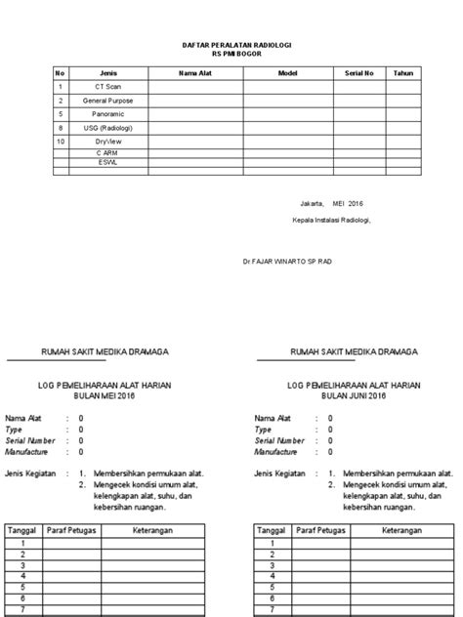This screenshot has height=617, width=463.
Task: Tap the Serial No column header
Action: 359,73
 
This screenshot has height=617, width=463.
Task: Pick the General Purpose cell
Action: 108,101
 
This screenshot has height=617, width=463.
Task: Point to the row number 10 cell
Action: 60,142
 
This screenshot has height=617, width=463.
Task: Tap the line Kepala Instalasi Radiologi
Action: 325,220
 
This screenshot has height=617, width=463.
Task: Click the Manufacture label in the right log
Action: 276,453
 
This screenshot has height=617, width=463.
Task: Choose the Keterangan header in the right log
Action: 401,530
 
